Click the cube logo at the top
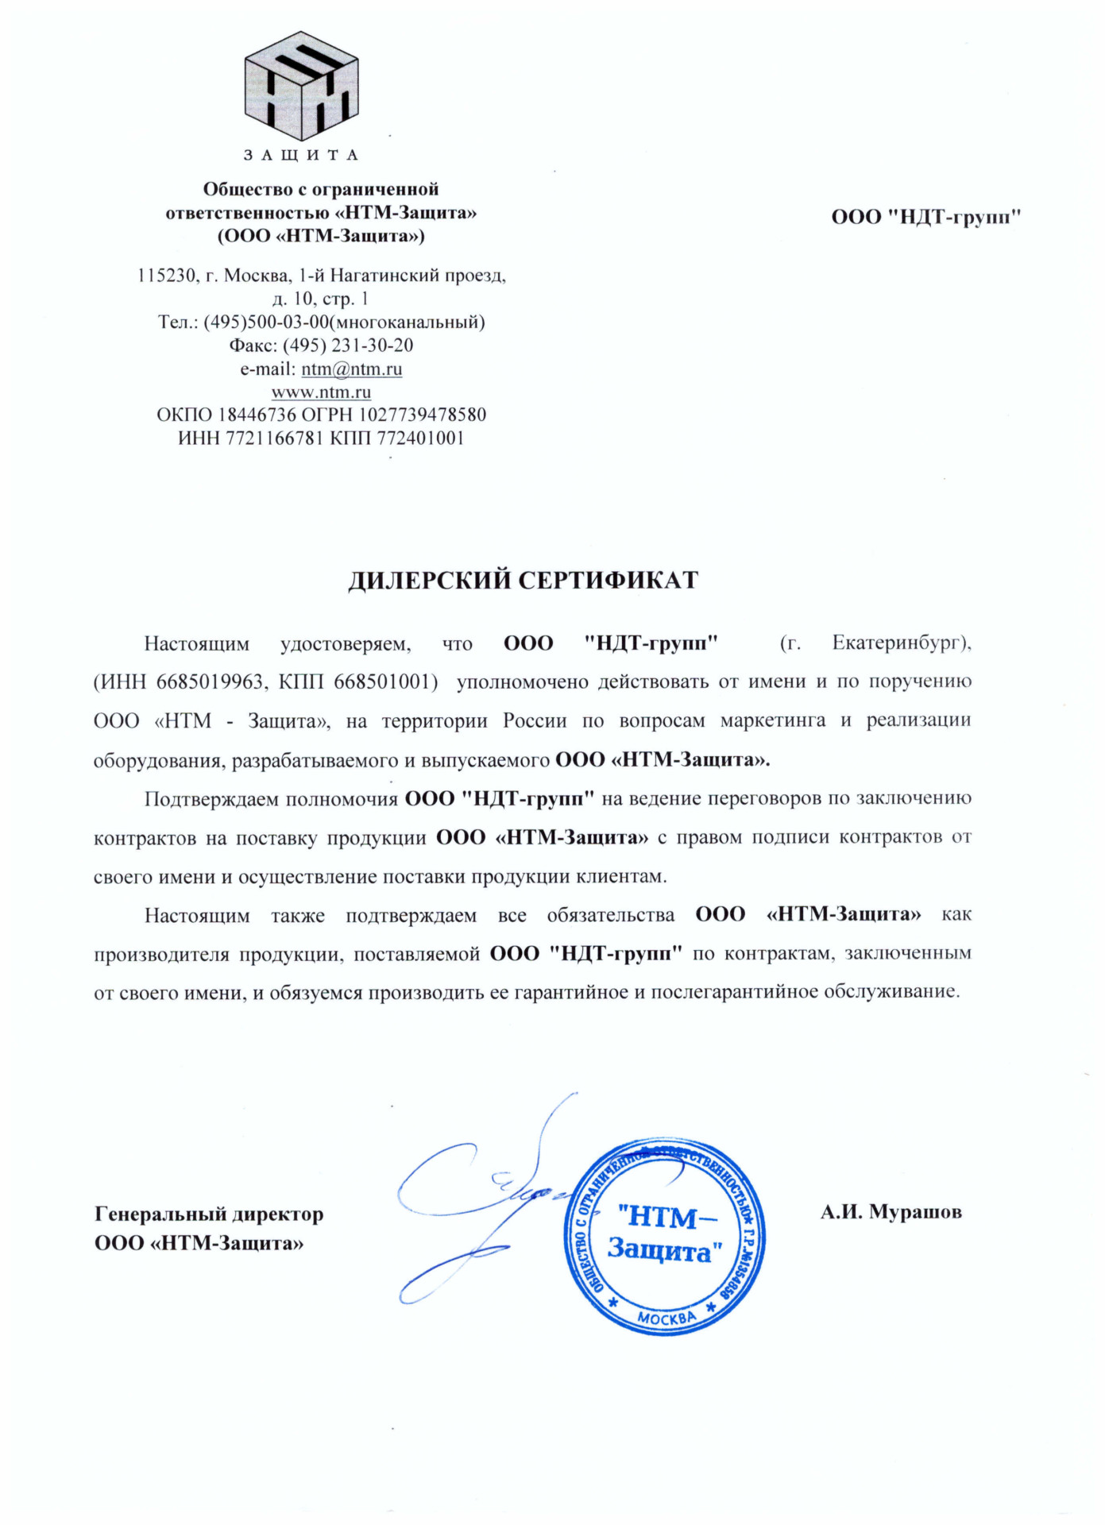click(x=301, y=86)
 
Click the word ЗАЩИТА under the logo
click(x=301, y=155)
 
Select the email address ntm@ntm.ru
click(x=351, y=369)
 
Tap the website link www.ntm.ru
click(x=321, y=392)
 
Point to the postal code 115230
click(x=166, y=276)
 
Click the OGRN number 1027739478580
click(x=423, y=415)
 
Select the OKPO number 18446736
click(x=257, y=415)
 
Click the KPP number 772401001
click(x=420, y=438)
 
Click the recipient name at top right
click(x=925, y=217)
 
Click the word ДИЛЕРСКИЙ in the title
click(x=430, y=581)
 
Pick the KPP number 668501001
click(x=385, y=681)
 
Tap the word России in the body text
click(x=535, y=720)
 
